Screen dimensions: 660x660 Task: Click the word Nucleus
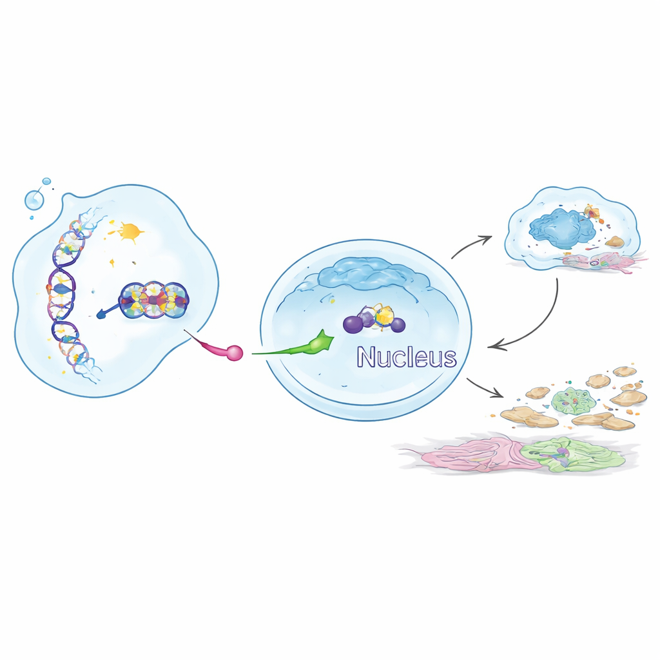pos(407,357)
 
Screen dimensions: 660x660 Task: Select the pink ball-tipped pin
pos(219,346)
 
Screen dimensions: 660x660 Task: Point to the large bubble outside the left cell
pos(34,200)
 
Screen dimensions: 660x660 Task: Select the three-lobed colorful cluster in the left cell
pos(154,300)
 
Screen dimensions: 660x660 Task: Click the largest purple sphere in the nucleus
pos(353,325)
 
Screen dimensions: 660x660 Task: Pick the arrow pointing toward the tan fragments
pos(483,388)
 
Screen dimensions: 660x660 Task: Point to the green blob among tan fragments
pos(570,399)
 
